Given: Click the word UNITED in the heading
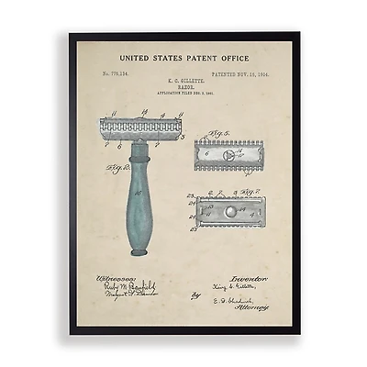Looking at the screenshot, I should (x=138, y=58).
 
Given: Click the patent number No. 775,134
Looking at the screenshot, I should (x=118, y=72).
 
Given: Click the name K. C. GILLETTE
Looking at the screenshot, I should (x=183, y=82).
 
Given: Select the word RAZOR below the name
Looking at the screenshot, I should (x=183, y=88).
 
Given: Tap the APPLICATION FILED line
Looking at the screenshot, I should (x=183, y=95).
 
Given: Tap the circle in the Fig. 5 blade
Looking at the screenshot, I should (x=230, y=156).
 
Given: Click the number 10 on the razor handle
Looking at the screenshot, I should (x=138, y=194).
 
